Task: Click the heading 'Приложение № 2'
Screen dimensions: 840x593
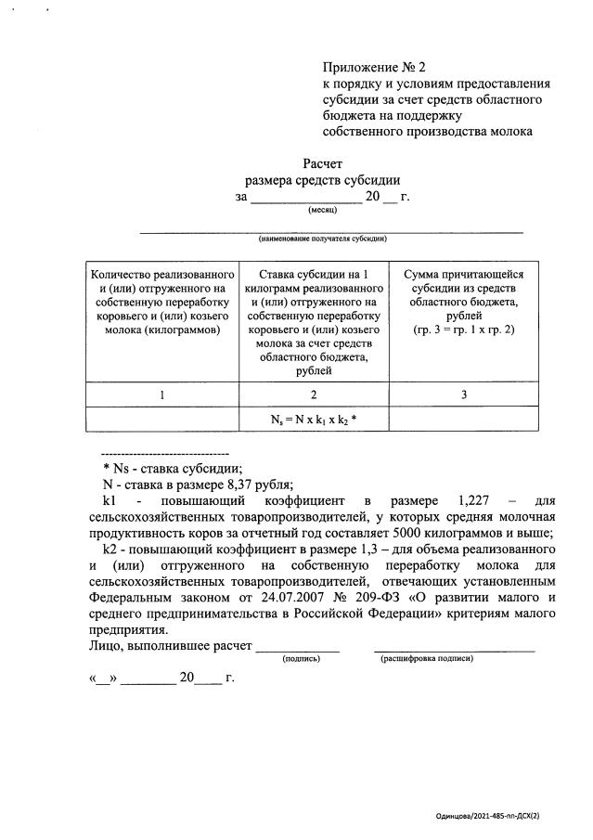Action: (x=373, y=67)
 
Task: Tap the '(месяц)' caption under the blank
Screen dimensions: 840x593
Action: (x=322, y=211)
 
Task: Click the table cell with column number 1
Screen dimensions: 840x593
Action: (x=161, y=394)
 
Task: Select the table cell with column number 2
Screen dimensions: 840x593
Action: (x=314, y=394)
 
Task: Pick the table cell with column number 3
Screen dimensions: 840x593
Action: (x=463, y=394)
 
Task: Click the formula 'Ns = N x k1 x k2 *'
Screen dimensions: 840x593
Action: (x=314, y=420)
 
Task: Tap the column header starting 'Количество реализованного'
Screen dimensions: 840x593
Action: (x=161, y=302)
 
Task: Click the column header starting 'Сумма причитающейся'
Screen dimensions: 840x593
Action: (x=463, y=302)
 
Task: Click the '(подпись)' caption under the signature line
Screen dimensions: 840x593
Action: (x=301, y=658)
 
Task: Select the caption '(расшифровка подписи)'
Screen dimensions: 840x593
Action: (x=427, y=658)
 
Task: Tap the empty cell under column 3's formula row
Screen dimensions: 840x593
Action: (x=463, y=420)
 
